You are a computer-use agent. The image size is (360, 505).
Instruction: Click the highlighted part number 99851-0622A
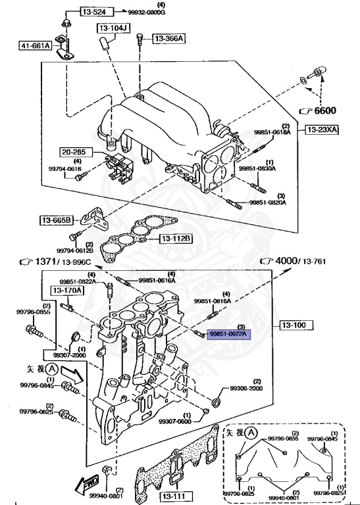(x=228, y=335)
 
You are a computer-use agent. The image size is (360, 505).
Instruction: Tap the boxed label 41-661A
(x=35, y=46)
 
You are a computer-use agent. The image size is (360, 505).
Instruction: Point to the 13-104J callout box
(x=115, y=28)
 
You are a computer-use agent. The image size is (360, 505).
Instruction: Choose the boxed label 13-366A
(x=169, y=39)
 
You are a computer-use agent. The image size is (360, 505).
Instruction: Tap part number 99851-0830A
(x=257, y=169)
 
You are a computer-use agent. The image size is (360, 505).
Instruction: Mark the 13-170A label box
(x=68, y=290)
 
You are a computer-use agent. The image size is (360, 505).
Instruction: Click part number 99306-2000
(x=246, y=389)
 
